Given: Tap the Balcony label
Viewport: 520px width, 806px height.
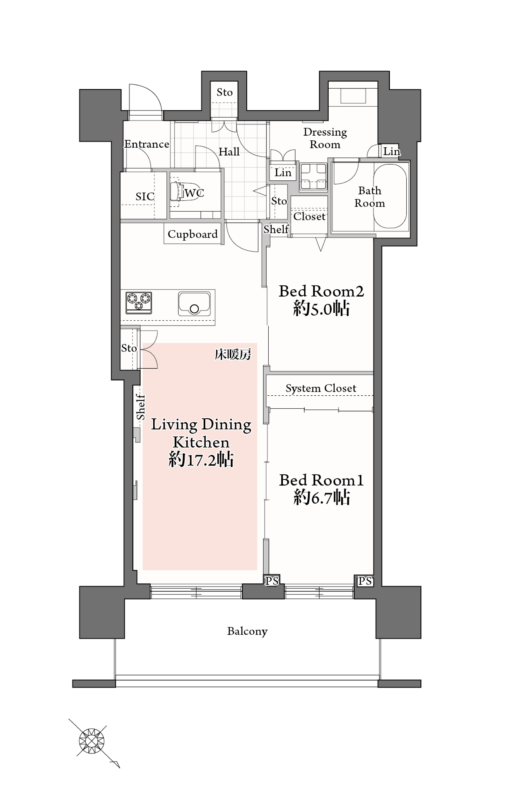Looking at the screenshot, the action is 247,631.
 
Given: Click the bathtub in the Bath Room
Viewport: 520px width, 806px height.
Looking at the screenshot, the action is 390,196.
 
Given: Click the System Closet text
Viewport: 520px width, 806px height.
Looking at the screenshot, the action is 321,388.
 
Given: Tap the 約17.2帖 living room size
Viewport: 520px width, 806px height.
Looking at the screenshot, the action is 201,459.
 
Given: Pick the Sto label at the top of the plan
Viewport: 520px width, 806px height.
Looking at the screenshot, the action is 225,92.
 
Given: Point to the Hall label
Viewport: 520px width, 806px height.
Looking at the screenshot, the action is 229,152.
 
